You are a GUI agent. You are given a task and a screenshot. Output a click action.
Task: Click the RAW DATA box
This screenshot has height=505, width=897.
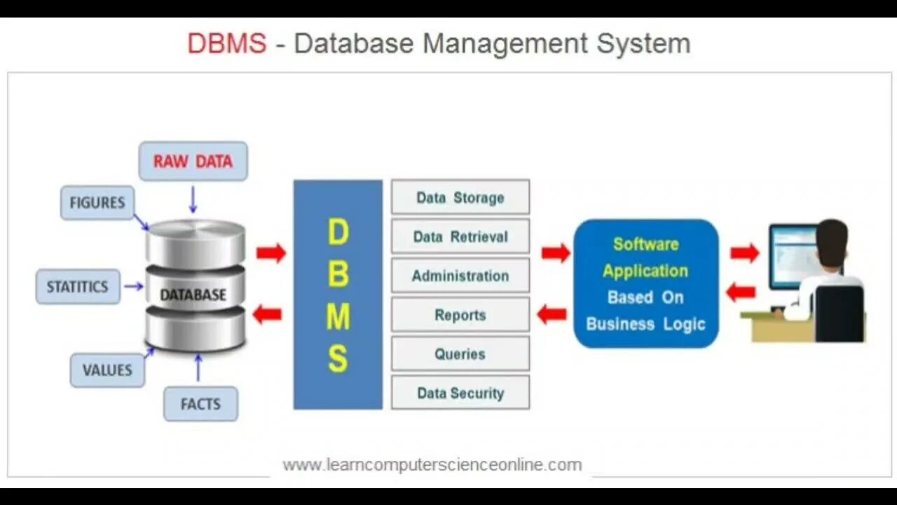193,161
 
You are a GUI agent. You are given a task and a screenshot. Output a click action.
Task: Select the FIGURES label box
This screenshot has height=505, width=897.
97,203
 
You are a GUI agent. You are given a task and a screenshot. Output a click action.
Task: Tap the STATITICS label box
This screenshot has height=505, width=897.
78,287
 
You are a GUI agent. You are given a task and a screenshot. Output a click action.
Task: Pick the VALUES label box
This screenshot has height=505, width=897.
107,370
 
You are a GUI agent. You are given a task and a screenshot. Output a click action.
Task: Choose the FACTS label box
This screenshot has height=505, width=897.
200,404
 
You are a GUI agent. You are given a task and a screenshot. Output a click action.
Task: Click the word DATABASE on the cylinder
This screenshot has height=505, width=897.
193,295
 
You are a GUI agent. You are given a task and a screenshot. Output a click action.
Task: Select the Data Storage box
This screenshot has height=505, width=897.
460,197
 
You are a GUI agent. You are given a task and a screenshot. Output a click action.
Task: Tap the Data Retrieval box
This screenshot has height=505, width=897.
460,236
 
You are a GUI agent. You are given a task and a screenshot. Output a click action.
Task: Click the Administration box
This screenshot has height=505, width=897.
460,276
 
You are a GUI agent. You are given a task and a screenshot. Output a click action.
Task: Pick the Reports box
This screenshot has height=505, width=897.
460,315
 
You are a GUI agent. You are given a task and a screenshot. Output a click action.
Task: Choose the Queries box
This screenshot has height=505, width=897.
460,354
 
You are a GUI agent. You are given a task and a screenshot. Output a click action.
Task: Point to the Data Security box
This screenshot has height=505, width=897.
460,393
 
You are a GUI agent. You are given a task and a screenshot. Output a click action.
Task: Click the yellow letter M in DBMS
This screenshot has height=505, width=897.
338,317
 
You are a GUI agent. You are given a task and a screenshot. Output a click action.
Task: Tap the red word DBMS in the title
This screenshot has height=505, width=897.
227,43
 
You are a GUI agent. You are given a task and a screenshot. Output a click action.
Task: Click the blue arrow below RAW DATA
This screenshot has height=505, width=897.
193,199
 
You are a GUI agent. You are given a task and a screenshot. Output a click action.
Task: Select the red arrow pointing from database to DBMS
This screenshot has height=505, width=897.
271,252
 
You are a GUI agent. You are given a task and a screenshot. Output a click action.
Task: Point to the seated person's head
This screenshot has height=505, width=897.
832,243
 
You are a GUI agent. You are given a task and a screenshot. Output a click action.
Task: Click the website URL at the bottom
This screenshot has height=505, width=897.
432,464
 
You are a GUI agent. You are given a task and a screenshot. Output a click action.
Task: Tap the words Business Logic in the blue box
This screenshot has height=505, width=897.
645,324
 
